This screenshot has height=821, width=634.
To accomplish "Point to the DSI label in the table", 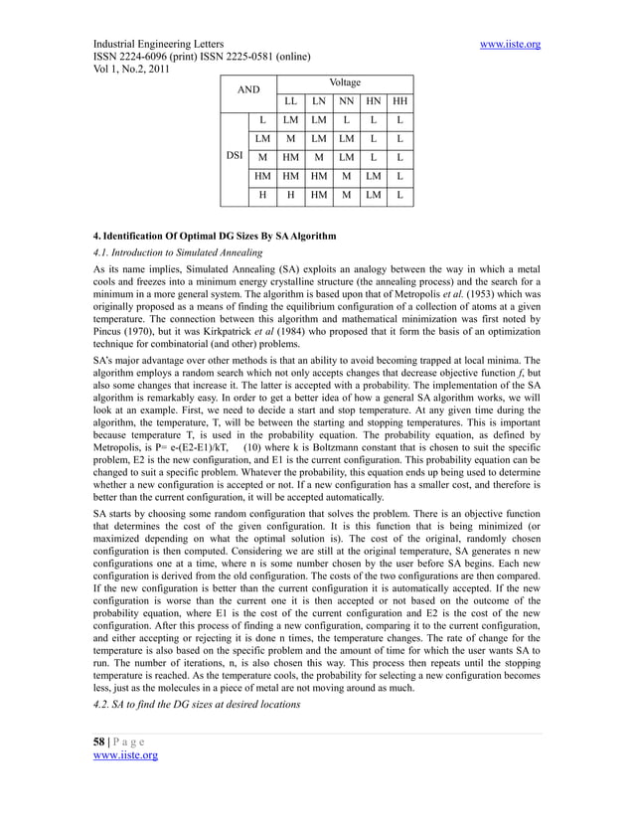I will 233,157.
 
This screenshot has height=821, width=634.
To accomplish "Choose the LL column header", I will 289,101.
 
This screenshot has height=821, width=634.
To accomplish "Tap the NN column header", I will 345,101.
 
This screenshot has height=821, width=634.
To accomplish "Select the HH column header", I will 399,101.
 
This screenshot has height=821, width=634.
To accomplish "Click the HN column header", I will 372,101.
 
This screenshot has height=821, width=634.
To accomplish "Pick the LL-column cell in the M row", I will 289,157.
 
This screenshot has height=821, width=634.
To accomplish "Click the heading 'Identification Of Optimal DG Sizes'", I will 215,236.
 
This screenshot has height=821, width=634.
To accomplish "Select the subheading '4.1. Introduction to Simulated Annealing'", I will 175,252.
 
